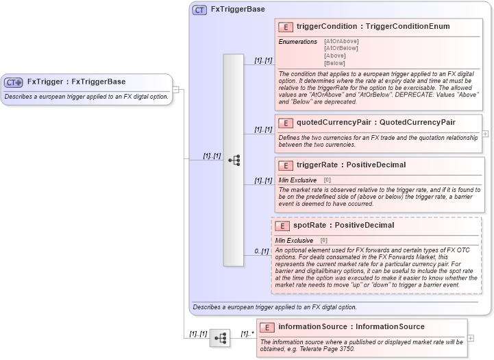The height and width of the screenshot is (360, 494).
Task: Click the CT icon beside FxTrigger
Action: (x=14, y=82)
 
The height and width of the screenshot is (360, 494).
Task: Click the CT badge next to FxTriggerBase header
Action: (x=200, y=10)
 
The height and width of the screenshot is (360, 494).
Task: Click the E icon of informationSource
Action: (x=268, y=327)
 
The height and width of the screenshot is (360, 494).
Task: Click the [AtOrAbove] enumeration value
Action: (x=341, y=41)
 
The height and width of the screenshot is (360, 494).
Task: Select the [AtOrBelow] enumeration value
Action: (x=341, y=48)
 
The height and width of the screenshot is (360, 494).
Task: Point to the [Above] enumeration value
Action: (x=335, y=56)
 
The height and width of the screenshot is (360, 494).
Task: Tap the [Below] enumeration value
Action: (x=335, y=62)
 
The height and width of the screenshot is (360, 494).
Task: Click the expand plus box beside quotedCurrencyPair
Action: (x=485, y=134)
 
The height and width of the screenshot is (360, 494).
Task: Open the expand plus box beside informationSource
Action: (x=470, y=338)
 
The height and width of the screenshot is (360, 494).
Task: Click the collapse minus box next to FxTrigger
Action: (x=176, y=88)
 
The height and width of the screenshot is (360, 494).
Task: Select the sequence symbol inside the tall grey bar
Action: (x=234, y=160)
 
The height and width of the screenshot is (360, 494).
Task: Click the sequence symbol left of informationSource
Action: (x=219, y=338)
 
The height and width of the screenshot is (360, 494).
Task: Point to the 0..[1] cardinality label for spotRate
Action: (x=261, y=251)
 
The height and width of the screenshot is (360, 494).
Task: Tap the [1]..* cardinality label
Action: (x=247, y=334)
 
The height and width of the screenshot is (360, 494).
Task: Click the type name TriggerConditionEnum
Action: (x=408, y=27)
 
